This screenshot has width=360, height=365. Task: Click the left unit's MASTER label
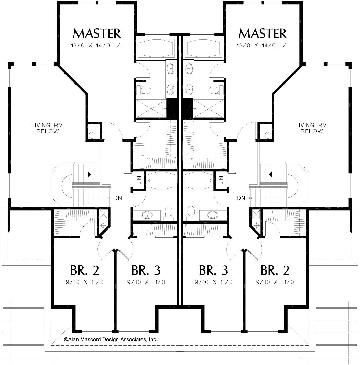click(x=97, y=34)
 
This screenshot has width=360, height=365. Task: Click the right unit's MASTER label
click(x=263, y=34)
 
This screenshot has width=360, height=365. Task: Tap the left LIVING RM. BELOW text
click(x=48, y=128)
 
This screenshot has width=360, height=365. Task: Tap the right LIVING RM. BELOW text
click(x=312, y=128)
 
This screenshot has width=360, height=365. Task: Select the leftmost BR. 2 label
click(x=85, y=270)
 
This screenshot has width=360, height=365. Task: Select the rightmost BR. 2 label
click(x=275, y=270)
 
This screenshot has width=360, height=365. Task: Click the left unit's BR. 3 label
click(x=146, y=270)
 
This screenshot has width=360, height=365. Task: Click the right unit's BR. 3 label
click(x=213, y=270)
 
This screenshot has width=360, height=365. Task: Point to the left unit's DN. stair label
click(x=118, y=198)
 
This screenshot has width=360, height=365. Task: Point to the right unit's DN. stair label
click(x=242, y=198)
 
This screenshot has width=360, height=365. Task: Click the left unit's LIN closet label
click(x=139, y=180)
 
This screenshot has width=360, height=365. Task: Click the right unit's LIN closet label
click(x=221, y=180)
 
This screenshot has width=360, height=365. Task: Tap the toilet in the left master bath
click(x=144, y=90)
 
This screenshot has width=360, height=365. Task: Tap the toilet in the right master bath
click(x=216, y=90)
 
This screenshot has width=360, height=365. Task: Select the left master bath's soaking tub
click(x=156, y=48)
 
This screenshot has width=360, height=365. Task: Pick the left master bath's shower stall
click(x=151, y=109)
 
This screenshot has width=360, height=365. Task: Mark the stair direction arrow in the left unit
click(x=89, y=174)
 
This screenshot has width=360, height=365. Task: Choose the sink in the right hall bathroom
click(x=213, y=215)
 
